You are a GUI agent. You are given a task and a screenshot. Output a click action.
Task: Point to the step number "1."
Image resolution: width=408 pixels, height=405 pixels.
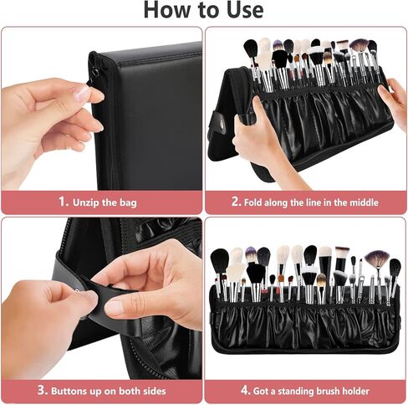click(62, 202)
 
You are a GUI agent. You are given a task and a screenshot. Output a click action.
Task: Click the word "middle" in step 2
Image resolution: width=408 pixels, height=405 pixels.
click(360, 202)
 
